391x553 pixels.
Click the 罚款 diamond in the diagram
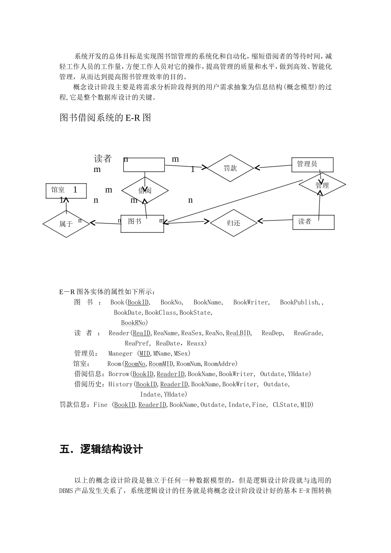coord(230,168)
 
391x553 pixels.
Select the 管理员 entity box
coord(312,165)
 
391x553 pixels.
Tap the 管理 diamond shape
coord(322,186)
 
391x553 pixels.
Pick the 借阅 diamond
coord(145,191)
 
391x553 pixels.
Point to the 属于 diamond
coord(66,224)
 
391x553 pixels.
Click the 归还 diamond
coord(233,223)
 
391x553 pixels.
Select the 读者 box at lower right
coord(313,222)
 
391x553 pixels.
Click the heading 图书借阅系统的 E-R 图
coord(105,118)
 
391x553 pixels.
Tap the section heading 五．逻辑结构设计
coord(101,449)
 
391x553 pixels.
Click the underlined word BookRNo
coord(133,323)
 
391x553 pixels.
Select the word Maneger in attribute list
coord(120,353)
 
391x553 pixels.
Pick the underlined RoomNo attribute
coord(135,364)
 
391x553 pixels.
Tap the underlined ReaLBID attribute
coord(238,333)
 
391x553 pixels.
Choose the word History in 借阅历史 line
coord(120,384)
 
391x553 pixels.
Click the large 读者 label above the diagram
coord(102,159)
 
